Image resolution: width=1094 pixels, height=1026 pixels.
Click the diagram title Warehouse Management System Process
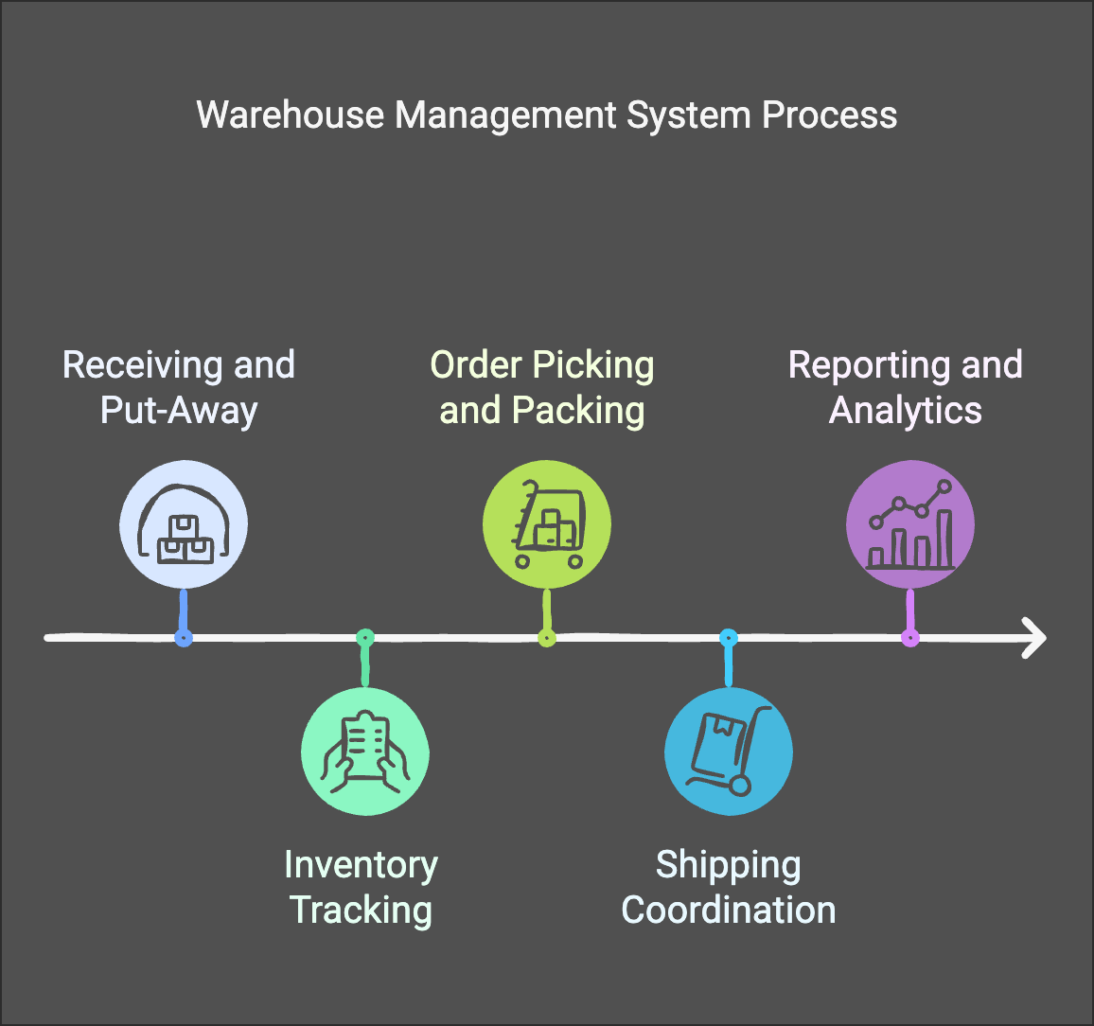(x=546, y=115)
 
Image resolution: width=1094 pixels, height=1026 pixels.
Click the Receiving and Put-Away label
(x=179, y=388)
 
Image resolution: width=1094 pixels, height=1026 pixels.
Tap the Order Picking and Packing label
(x=542, y=388)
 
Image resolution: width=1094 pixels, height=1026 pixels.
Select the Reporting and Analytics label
(x=906, y=388)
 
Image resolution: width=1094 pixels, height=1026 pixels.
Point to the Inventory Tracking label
(x=361, y=888)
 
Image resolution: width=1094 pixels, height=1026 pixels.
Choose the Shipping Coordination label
(x=729, y=888)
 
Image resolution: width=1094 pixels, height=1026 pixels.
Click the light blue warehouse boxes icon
(x=184, y=525)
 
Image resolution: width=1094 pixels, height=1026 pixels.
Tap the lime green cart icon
(x=547, y=525)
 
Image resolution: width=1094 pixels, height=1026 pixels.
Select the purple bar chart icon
(x=910, y=525)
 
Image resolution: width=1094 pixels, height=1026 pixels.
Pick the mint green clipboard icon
(x=365, y=752)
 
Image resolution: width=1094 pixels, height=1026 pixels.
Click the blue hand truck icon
(x=729, y=752)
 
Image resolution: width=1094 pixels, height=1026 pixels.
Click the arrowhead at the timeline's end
(x=1035, y=638)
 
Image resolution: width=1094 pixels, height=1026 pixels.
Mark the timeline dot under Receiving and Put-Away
(x=184, y=638)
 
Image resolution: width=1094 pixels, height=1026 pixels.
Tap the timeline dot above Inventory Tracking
(x=365, y=638)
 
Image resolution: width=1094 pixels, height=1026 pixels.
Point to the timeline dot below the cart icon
(x=547, y=638)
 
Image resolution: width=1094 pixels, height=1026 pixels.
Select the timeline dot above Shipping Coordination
(x=729, y=638)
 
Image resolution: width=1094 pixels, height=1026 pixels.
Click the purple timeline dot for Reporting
(x=910, y=638)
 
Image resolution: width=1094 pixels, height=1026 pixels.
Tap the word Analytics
(x=906, y=411)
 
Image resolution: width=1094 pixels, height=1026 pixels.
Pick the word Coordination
(x=729, y=911)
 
